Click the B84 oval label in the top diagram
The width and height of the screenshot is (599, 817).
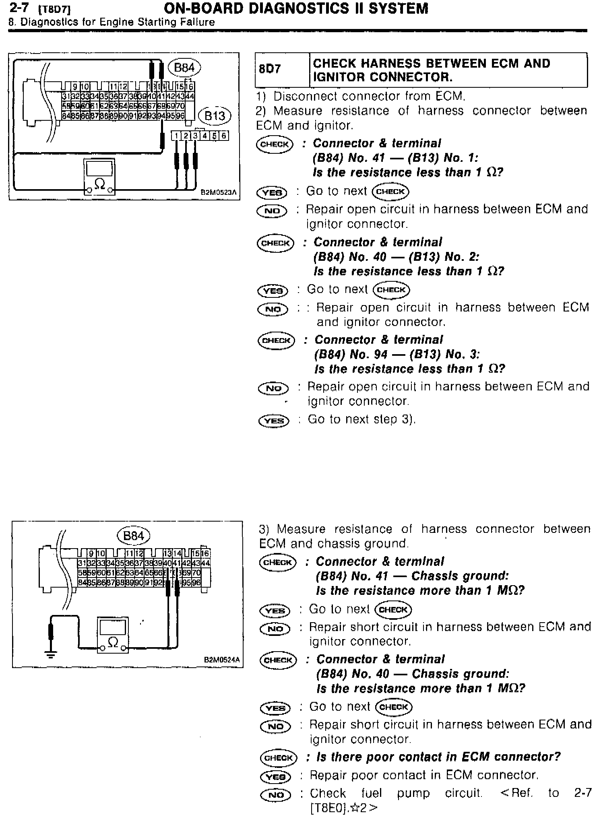click(x=184, y=68)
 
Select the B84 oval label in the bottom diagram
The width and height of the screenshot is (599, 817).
click(x=133, y=536)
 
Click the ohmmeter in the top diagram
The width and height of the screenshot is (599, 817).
click(x=99, y=177)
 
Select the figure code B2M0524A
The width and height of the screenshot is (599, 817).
click(x=222, y=660)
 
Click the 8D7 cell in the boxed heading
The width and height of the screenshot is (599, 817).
click(x=270, y=69)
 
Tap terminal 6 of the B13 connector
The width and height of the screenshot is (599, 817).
click(x=224, y=136)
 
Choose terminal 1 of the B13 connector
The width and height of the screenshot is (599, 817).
click(x=176, y=136)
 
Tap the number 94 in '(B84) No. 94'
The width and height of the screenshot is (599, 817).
click(x=380, y=355)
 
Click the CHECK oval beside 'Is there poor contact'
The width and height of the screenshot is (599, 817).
click(x=279, y=757)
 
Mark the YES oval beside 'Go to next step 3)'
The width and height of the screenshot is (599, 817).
click(x=274, y=421)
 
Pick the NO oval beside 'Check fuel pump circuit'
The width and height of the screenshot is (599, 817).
click(x=276, y=794)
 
